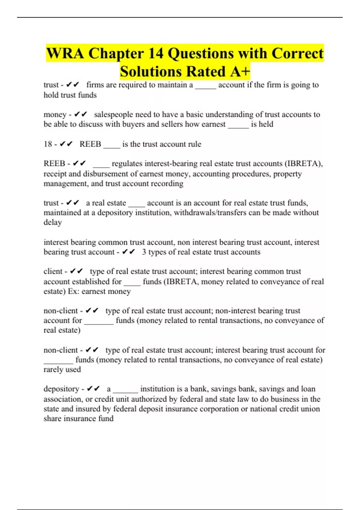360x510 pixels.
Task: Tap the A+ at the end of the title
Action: [x=240, y=72]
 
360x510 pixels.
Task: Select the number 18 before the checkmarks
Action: [x=48, y=144]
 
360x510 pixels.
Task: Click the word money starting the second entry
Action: [x=55, y=114]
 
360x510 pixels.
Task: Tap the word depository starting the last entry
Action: [x=61, y=389]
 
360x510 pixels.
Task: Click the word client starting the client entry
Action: [x=53, y=271]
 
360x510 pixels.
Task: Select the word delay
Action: [x=52, y=222]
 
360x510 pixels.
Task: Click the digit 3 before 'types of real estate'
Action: [x=144, y=252]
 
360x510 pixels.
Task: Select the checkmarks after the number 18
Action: [x=66, y=144]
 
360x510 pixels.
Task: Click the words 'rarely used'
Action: [x=62, y=369]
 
